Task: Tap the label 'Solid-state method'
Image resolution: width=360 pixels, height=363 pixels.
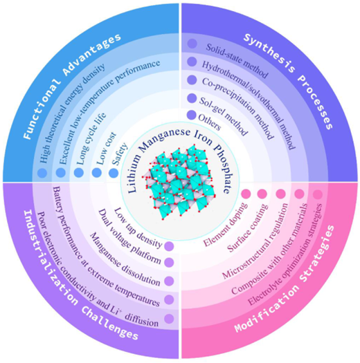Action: pos(237,61)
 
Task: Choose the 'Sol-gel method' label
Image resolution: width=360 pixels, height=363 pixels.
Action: pos(223,116)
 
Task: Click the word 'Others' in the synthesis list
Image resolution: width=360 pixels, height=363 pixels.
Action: pos(209,122)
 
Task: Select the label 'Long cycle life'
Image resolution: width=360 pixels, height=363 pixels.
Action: pos(91,139)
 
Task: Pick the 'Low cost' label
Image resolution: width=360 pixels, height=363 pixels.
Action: pos(107,149)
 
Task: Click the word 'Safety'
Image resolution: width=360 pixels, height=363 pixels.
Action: pos(120,153)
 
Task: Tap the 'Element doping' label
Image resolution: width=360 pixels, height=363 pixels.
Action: pos(226,224)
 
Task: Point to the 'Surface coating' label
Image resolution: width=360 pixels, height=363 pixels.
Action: pos(248,227)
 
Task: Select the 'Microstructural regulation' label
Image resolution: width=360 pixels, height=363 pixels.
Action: pos(255,241)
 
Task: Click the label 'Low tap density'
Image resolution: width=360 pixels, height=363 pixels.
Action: pos(138,227)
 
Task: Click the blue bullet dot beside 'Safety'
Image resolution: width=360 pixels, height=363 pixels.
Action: pos(114,173)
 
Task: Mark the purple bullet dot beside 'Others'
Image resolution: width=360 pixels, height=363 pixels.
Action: pos(192,115)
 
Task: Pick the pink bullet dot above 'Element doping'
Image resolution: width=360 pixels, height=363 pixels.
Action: pos(246,194)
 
